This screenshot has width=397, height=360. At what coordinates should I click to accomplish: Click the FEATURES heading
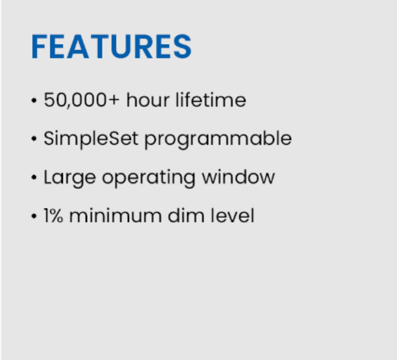112,47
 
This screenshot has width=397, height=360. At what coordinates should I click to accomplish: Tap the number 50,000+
81,100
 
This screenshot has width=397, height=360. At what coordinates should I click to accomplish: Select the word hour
148,99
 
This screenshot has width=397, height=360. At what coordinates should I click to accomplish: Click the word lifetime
211,99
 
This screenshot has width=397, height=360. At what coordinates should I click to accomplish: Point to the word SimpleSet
91,139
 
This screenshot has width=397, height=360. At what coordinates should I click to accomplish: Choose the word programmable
218,139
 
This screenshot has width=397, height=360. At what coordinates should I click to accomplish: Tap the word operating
149,179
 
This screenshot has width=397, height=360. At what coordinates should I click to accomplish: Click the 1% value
53,215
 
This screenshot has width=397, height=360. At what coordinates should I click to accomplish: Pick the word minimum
115,215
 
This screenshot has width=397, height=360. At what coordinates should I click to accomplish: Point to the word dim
186,215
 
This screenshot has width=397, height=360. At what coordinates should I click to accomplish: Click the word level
233,215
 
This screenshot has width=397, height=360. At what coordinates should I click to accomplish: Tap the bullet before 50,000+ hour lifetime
34,101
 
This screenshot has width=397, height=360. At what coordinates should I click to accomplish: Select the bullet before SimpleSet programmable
34,139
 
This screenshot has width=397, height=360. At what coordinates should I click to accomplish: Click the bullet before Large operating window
34,178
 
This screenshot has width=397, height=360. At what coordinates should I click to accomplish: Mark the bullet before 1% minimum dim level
34,216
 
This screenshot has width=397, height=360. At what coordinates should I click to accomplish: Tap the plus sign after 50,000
114,99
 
